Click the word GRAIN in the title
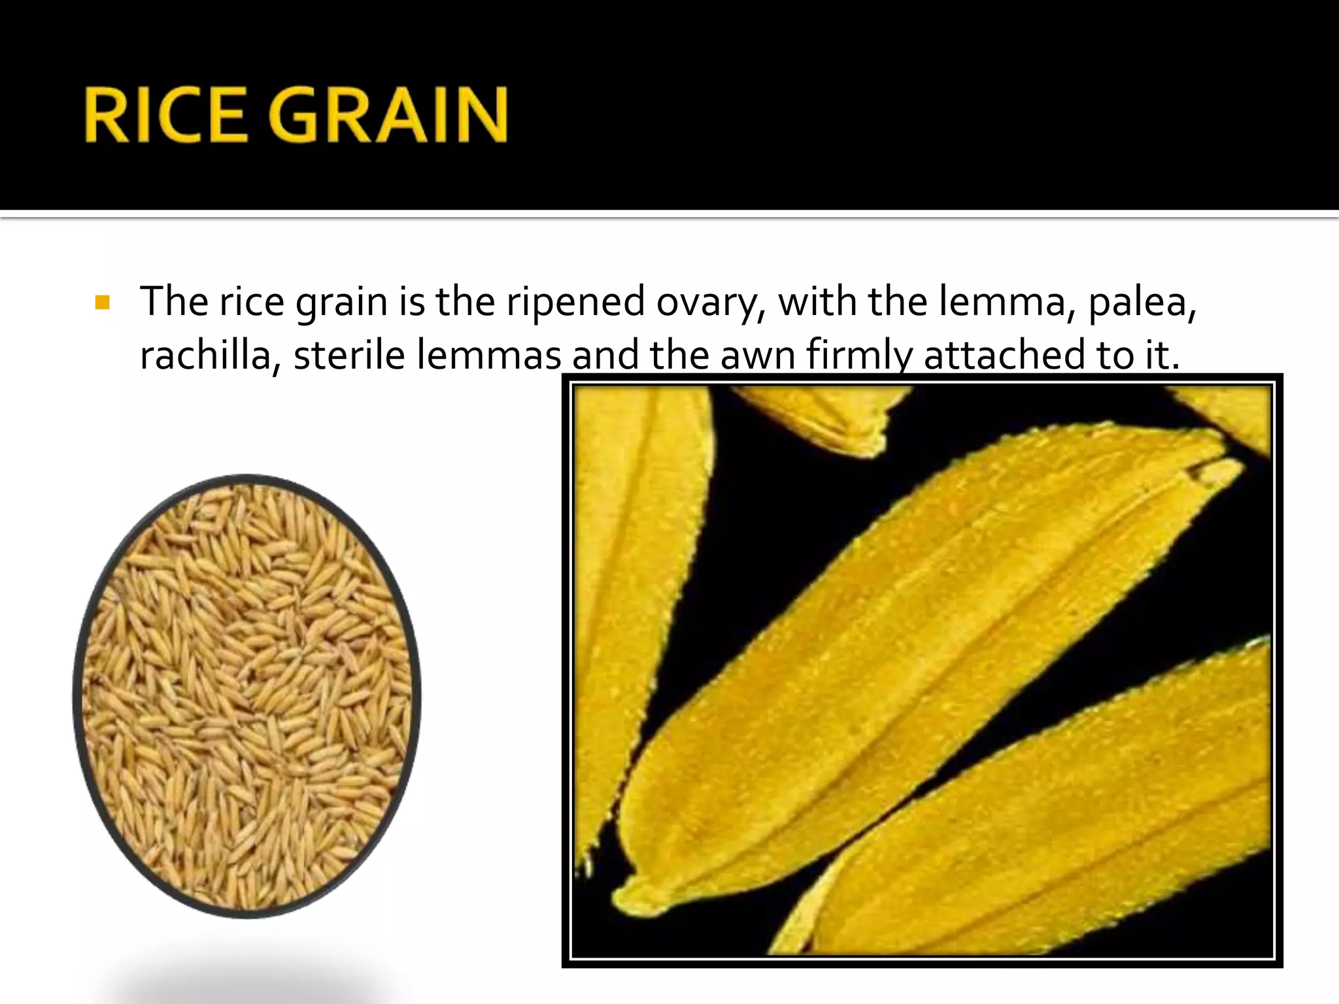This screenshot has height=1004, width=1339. tap(387, 116)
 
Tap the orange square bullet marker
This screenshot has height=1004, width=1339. tap(102, 303)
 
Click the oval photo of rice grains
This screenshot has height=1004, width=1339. tap(247, 696)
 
